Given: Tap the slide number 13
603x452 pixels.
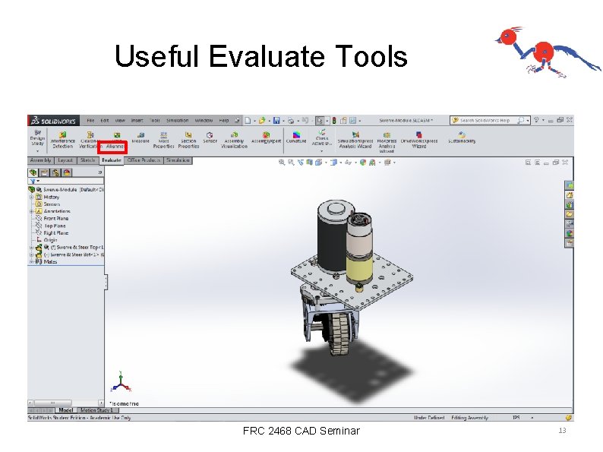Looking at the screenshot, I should [x=562, y=431].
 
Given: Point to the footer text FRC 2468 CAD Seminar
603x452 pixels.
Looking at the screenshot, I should [x=301, y=431].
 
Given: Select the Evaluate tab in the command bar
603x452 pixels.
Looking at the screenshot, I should [x=112, y=160].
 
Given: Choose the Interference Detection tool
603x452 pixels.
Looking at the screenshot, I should [x=62, y=142].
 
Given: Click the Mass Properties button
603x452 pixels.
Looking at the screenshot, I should [x=163, y=142].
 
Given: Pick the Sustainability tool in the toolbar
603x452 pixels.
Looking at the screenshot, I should [x=461, y=141].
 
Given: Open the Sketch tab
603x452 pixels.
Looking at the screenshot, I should [x=87, y=160].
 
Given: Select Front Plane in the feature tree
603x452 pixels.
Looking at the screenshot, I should [x=56, y=218].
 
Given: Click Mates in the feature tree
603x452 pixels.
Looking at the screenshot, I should [x=50, y=261].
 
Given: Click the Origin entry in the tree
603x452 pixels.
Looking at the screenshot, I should [x=51, y=240].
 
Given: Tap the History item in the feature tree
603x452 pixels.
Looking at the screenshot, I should [x=52, y=197].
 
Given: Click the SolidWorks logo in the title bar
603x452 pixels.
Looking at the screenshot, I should [x=52, y=120].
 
